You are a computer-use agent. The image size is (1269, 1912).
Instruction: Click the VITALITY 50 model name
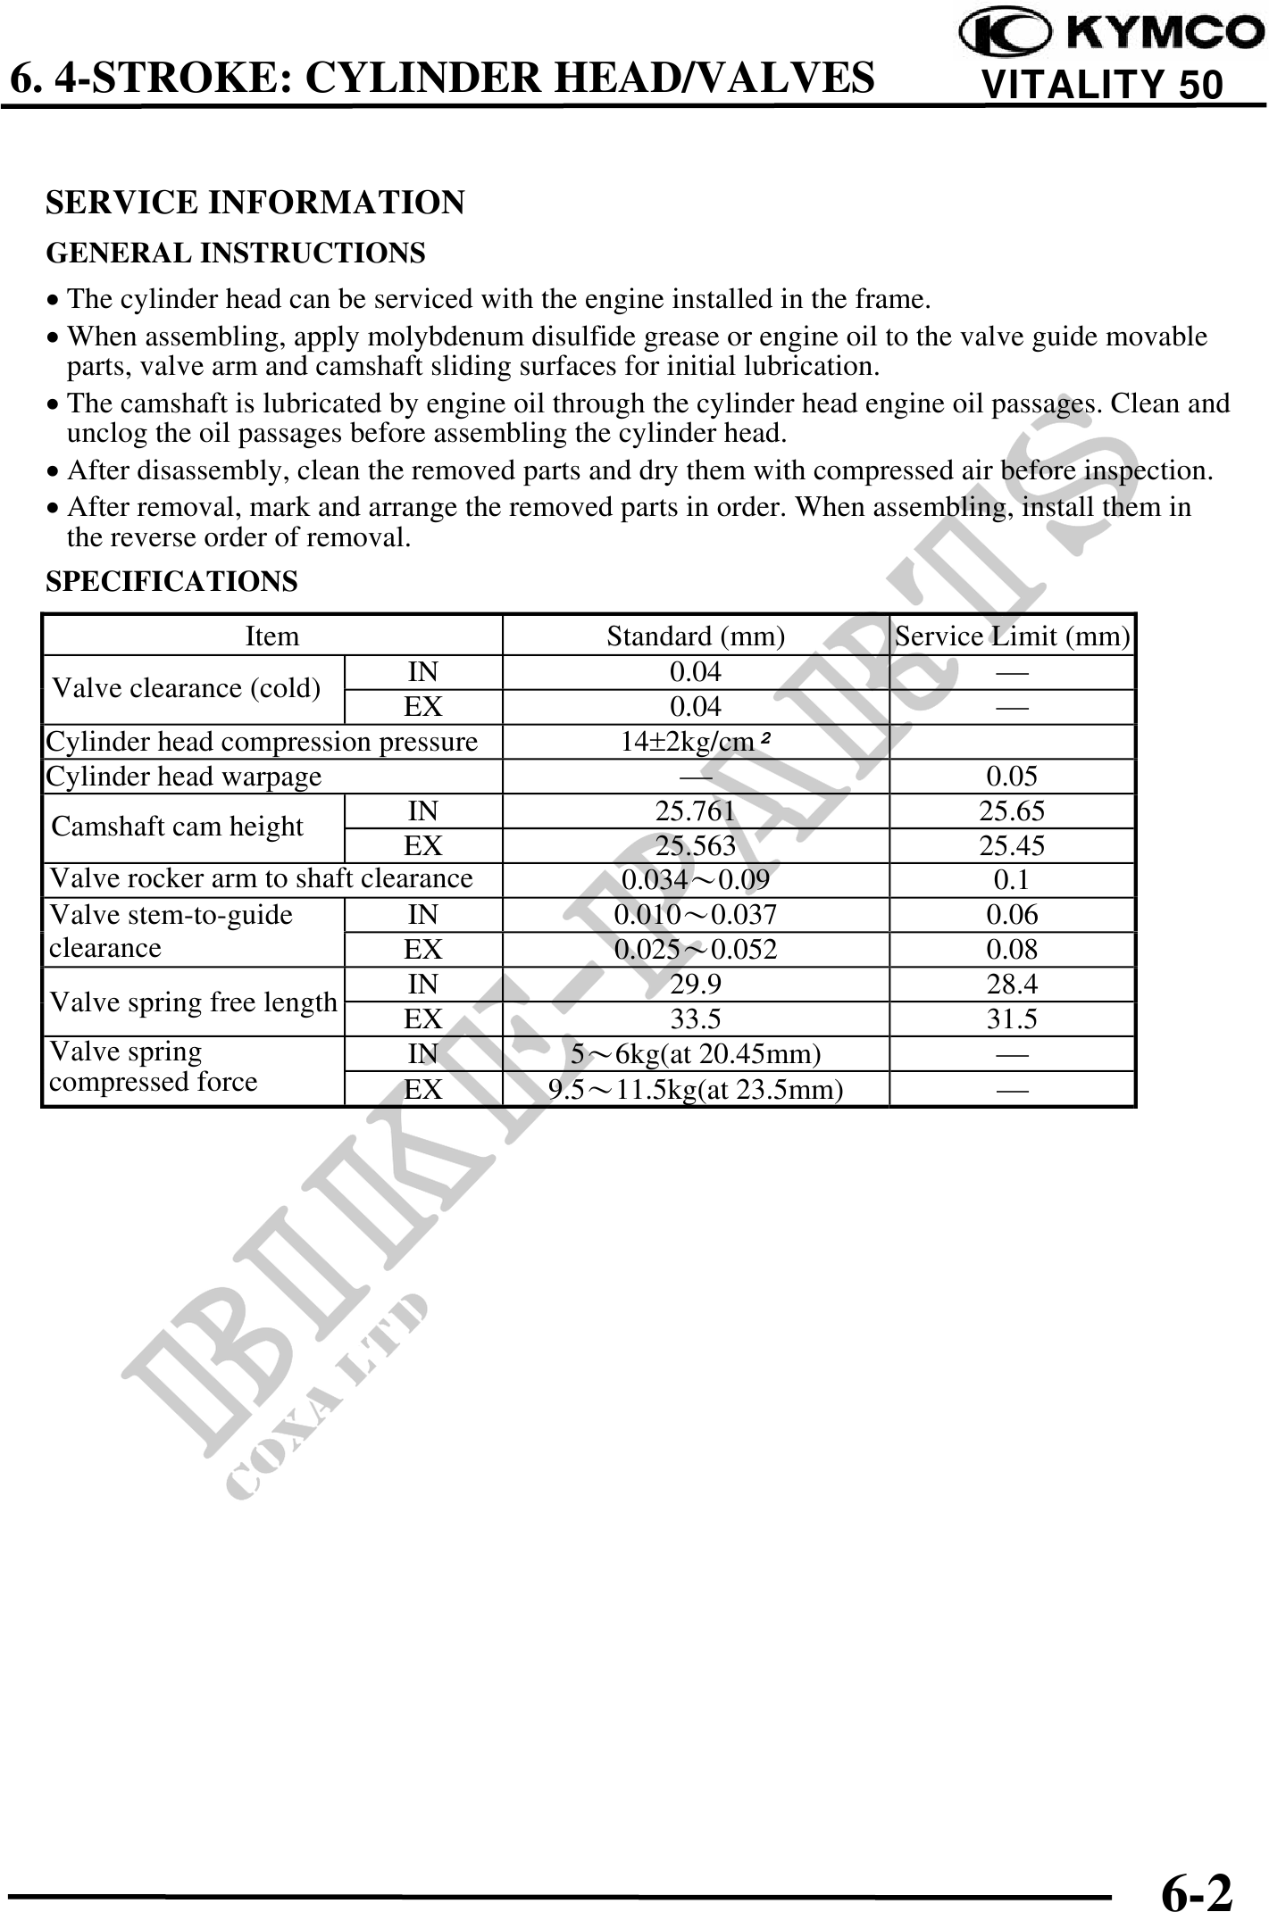1101,85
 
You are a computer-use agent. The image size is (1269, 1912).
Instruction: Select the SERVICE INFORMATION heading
255,203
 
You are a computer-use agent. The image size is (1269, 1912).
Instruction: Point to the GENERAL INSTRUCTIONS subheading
236,254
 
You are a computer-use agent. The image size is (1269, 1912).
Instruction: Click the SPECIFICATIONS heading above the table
171,582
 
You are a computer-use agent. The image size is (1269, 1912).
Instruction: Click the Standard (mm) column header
696,636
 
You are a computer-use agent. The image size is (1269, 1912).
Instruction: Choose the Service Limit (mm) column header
1012,636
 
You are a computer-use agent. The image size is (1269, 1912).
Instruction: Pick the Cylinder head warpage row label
184,777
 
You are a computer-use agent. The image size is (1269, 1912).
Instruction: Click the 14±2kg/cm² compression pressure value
696,742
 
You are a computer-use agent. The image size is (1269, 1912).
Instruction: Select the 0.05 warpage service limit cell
1012,777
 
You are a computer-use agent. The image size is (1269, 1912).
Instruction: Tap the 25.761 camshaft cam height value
696,811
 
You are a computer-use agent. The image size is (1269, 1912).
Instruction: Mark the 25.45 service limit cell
1012,845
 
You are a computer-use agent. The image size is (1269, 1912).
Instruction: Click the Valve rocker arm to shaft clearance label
261,879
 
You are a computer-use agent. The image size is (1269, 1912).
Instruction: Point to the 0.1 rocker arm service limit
1012,880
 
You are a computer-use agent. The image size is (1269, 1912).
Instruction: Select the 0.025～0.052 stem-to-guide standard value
696,950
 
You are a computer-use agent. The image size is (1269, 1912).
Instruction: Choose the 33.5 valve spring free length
696,1019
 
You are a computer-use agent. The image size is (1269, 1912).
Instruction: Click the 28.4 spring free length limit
1012,985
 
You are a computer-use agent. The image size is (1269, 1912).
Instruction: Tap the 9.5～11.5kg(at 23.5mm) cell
696,1090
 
